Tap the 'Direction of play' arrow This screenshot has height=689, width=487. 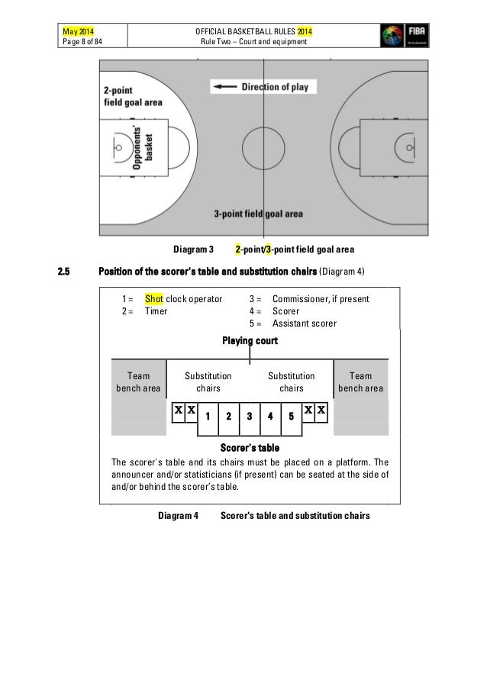coord(226,87)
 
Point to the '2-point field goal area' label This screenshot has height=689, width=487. coord(134,96)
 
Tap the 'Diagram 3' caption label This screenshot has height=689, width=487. coord(192,250)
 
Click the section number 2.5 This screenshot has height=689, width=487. coord(66,273)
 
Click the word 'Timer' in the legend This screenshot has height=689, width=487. coord(156,311)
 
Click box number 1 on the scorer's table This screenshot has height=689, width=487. coord(208,417)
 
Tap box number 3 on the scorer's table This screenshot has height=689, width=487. coord(250,417)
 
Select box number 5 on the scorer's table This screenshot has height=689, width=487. coord(291,417)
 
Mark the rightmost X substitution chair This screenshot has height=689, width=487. coord(321,411)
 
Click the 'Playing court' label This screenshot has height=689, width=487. coord(250,340)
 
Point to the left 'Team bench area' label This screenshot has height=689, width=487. coord(138,382)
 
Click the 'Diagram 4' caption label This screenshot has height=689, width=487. coord(178,516)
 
